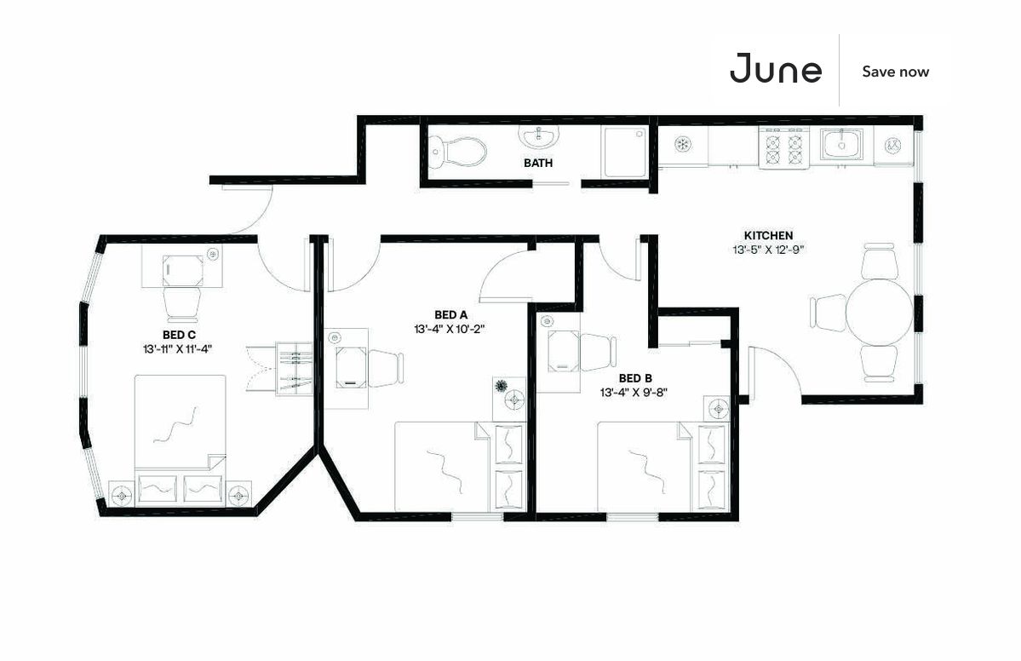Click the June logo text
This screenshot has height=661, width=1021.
click(776, 70)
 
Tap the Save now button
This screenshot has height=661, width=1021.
click(895, 72)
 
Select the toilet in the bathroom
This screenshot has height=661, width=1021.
click(460, 151)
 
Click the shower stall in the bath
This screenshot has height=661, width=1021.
click(625, 152)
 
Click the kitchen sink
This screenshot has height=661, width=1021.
click(842, 143)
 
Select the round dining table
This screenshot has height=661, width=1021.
click(878, 312)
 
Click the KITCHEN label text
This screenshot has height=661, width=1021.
click(768, 235)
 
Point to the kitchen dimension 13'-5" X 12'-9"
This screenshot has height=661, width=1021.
click(768, 250)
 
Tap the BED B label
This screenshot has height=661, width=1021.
click(635, 378)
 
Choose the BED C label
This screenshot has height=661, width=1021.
click(180, 335)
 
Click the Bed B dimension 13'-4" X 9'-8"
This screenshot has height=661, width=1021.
click(635, 393)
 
